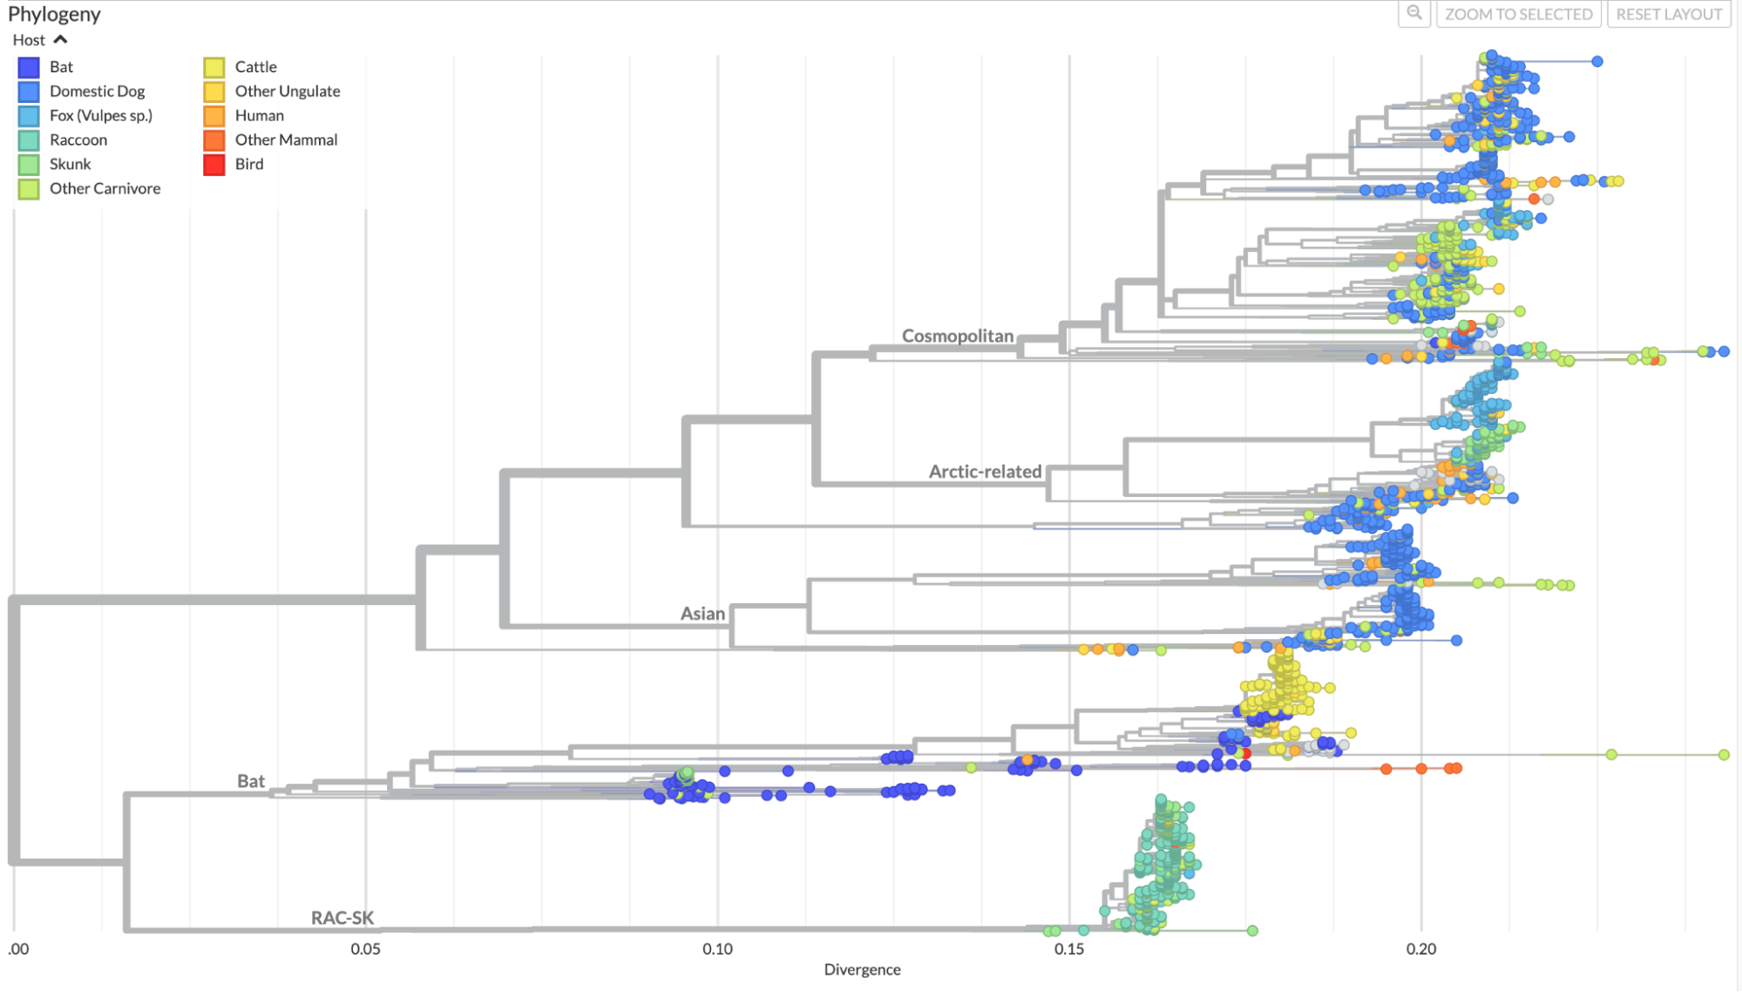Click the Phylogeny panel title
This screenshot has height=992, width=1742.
coord(54,14)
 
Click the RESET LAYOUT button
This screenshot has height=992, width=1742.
coord(1668,14)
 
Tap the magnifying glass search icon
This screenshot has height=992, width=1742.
coord(1413,13)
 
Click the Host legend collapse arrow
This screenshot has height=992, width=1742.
coord(60,40)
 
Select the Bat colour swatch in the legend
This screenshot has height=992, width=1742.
coord(29,67)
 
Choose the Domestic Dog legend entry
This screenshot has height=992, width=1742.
coord(97,92)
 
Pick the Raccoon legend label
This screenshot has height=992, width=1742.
coord(78,140)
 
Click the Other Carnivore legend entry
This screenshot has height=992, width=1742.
coord(105,189)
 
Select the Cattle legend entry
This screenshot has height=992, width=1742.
coord(255,67)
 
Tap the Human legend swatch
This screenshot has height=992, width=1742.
coord(214,116)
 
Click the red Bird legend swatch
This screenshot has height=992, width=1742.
coord(214,165)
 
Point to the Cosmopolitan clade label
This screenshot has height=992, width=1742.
coord(957,336)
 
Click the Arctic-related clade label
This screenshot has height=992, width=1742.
coord(985,472)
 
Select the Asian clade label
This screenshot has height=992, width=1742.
coord(702,614)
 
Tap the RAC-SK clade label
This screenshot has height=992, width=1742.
coord(342,918)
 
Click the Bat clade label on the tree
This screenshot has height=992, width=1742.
coord(251,781)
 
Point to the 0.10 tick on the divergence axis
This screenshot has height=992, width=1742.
coord(717,949)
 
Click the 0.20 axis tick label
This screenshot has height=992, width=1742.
coord(1420,949)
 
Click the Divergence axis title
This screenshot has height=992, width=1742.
coord(862,969)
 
